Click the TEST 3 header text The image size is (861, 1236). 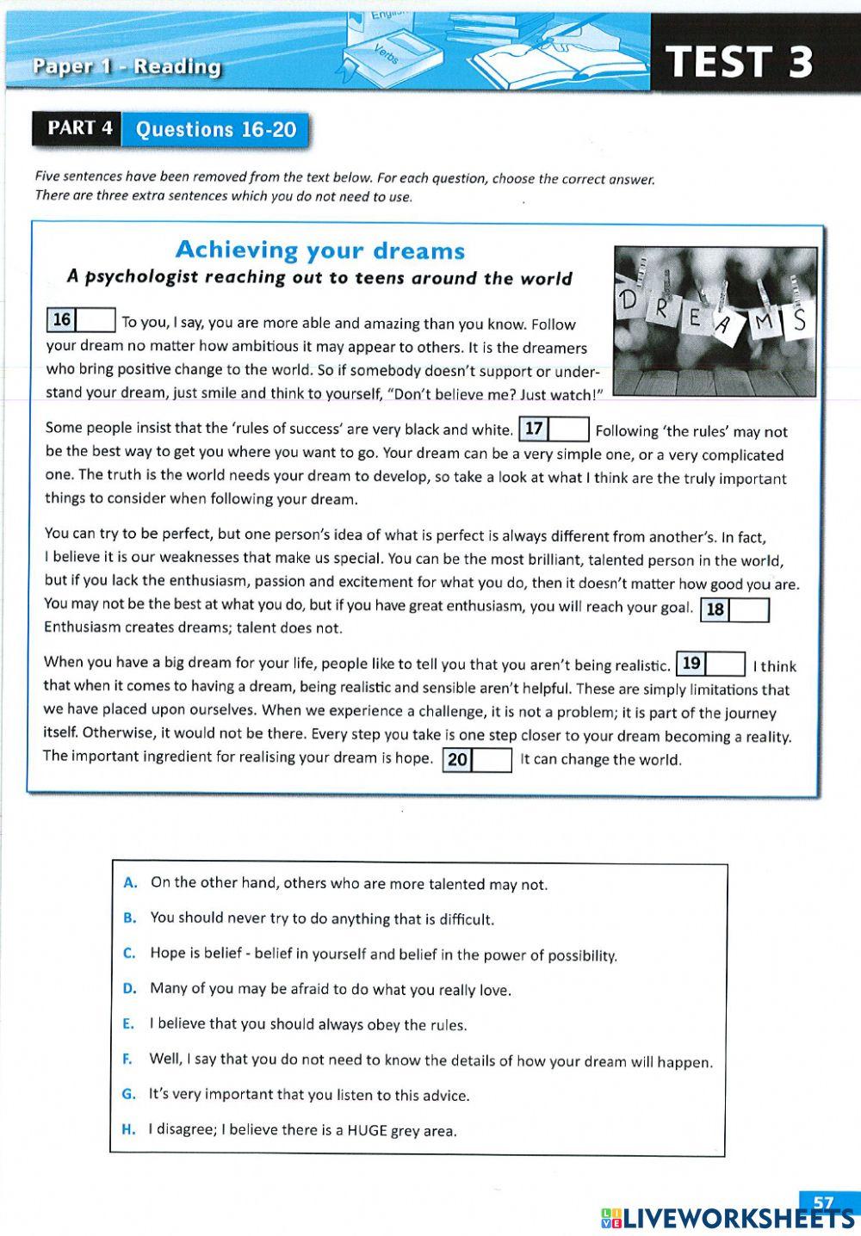[740, 62]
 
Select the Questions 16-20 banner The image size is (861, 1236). [216, 130]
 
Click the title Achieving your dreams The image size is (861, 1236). [320, 250]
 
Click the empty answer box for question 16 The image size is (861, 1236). [96, 320]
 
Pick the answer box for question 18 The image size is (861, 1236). [749, 610]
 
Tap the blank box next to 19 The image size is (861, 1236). [725, 664]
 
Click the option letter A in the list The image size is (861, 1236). [130, 882]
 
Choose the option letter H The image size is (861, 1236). [129, 1129]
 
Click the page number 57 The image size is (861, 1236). [823, 1202]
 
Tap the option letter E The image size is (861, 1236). [128, 1023]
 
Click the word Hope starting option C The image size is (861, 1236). [168, 953]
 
